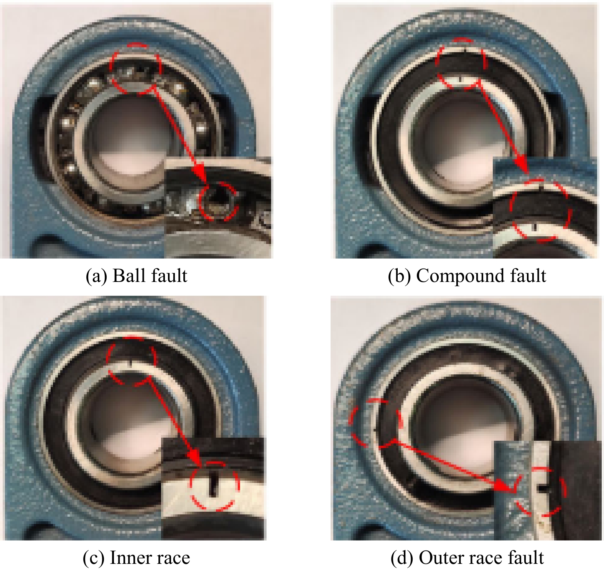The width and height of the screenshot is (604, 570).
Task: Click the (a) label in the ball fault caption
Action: pos(96,276)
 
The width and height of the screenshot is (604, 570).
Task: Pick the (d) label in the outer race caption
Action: pos(402,558)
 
